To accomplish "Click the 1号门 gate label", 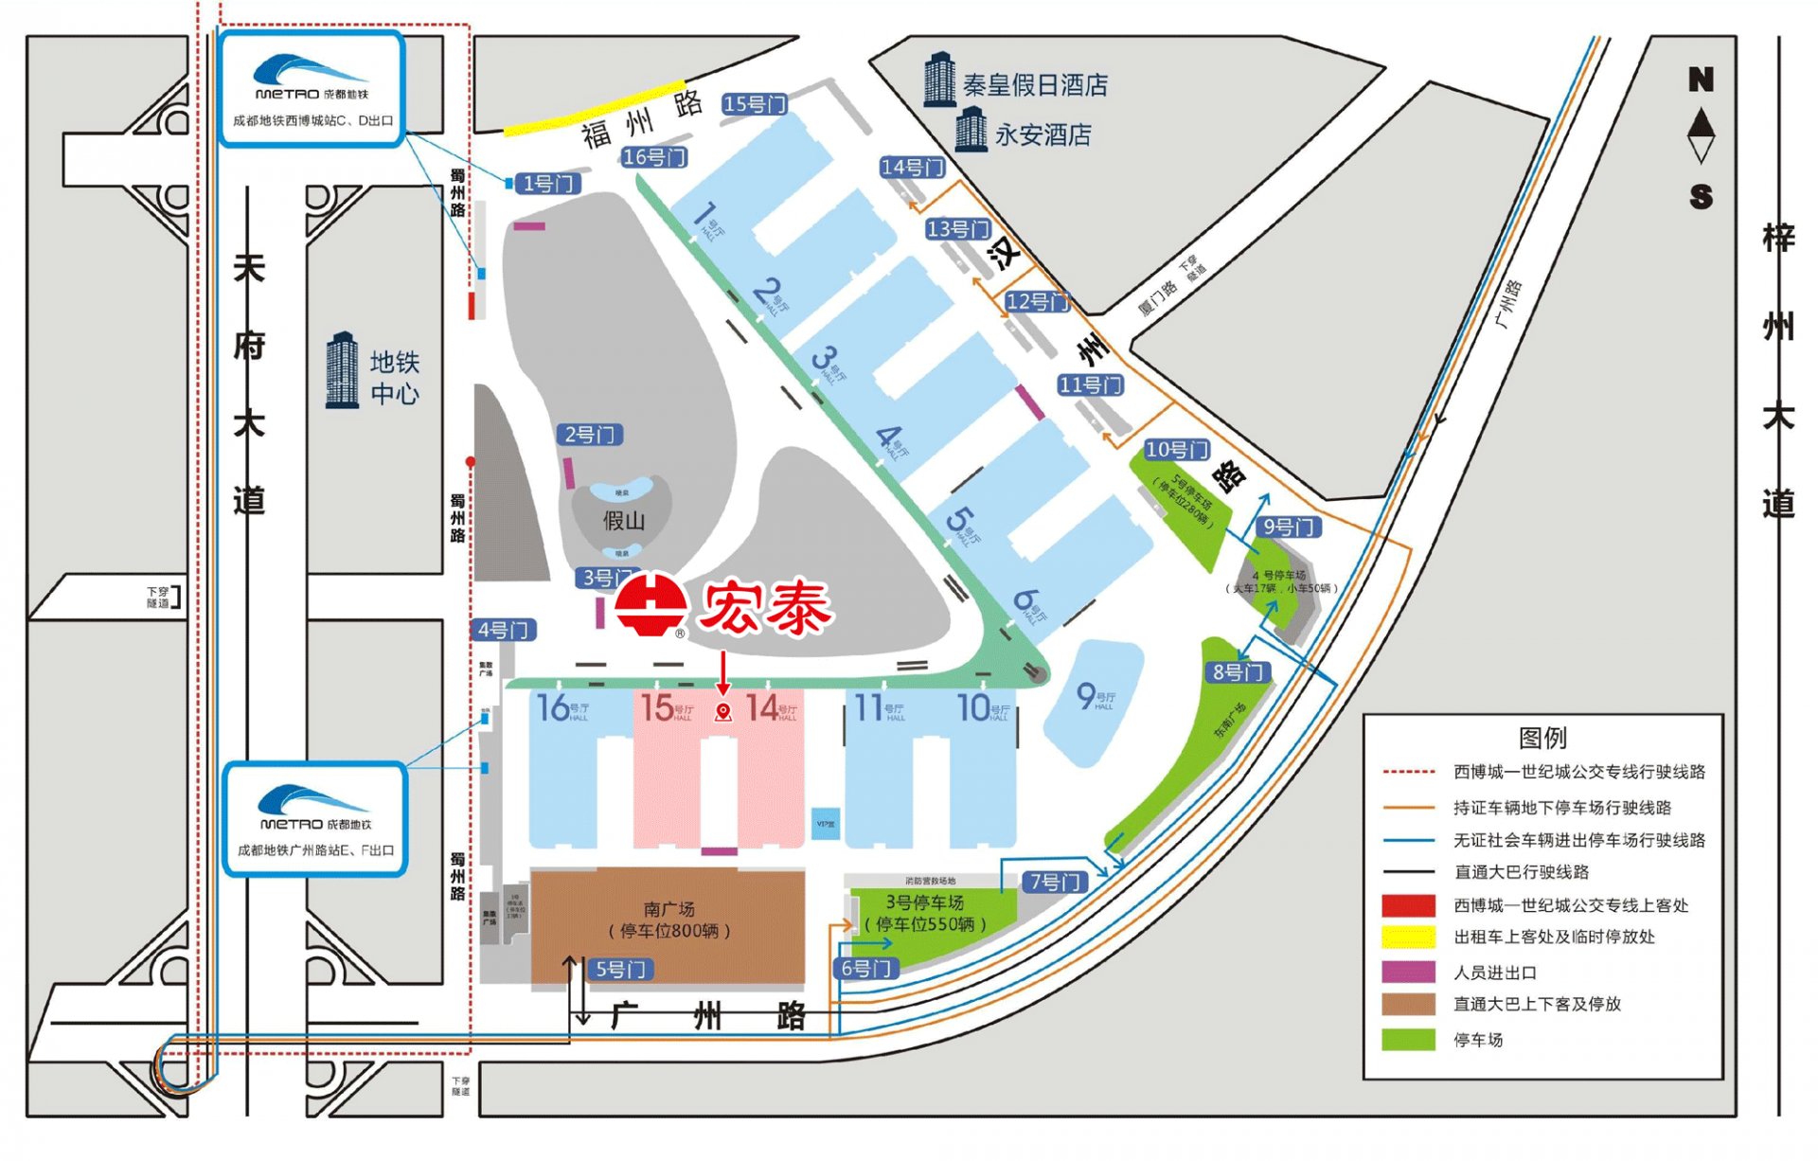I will pos(549,184).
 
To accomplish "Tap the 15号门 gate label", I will pos(754,104).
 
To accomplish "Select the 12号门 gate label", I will pos(1036,302).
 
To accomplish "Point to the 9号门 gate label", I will pos(1288,527).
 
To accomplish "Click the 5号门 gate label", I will pos(620,969).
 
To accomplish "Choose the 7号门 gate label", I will pos(1054,882).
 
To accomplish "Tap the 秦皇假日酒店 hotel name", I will pos(1035,85).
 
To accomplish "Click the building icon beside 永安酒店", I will pos(971,130).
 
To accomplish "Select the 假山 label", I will pos(623,520).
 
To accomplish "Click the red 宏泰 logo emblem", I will pos(651,604).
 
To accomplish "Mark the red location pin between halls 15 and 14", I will pos(723,712).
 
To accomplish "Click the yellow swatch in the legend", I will pos(1408,938).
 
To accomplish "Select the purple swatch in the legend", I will pos(1408,972).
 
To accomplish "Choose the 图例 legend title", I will pos(1542,737).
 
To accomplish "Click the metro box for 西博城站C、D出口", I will pos(312,90).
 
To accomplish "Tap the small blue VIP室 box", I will pos(826,823).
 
